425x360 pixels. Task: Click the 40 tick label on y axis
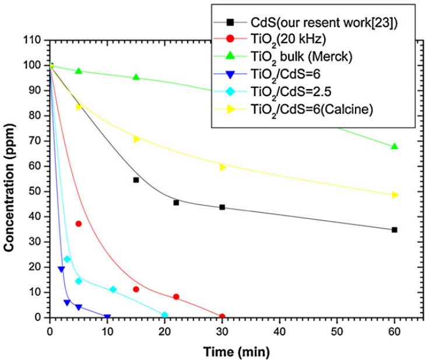40,217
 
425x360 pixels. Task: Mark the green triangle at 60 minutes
395,146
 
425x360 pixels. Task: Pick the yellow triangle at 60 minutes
395,195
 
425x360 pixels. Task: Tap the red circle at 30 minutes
222,317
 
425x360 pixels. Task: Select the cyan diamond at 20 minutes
164,315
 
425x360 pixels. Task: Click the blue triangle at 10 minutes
107,317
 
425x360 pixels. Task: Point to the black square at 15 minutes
136,180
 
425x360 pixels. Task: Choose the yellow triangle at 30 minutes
222,167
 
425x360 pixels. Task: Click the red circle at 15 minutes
136,289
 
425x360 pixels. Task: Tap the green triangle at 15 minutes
136,77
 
